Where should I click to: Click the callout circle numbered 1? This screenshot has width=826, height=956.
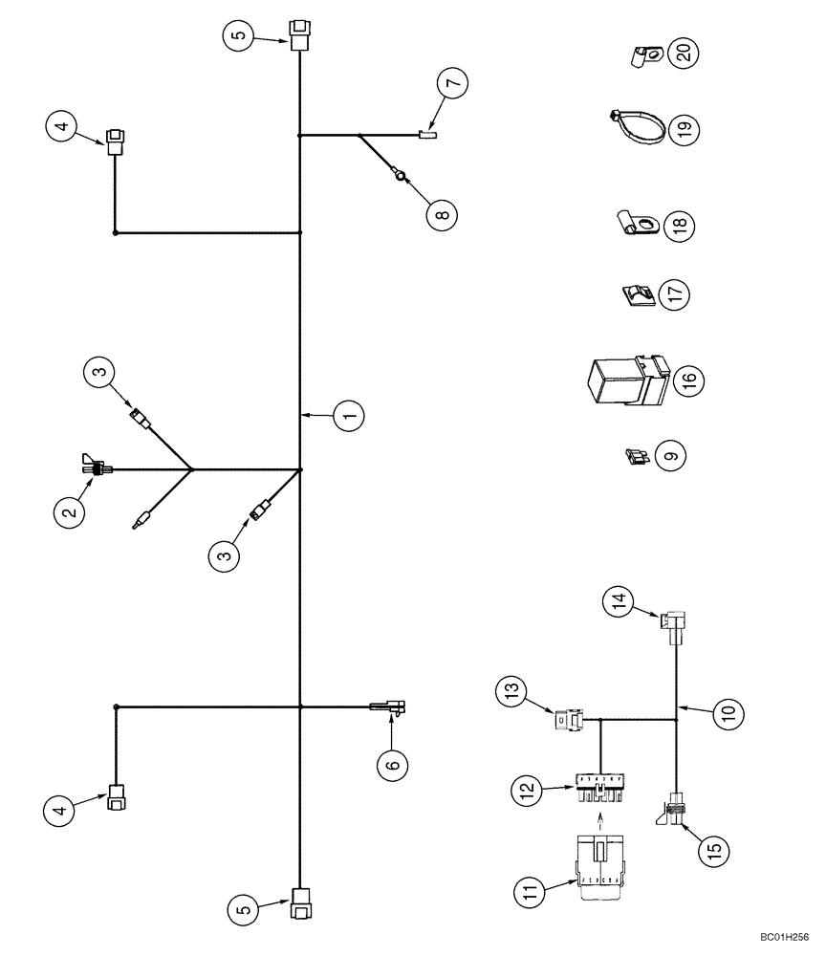(350, 416)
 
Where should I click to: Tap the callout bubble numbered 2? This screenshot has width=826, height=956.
(70, 513)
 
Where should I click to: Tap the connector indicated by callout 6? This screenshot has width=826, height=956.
(389, 707)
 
